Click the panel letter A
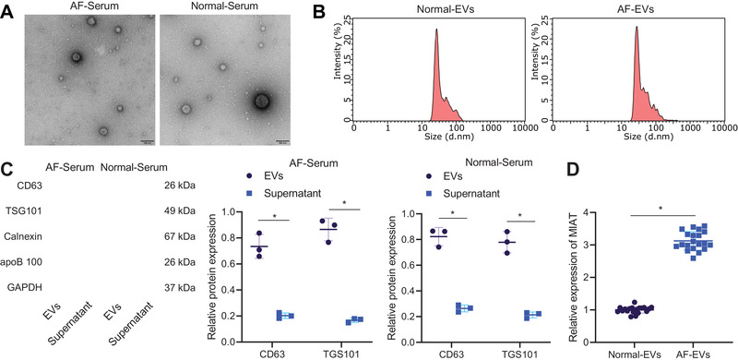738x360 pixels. (7, 10)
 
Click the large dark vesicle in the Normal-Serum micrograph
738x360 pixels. (261, 101)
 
